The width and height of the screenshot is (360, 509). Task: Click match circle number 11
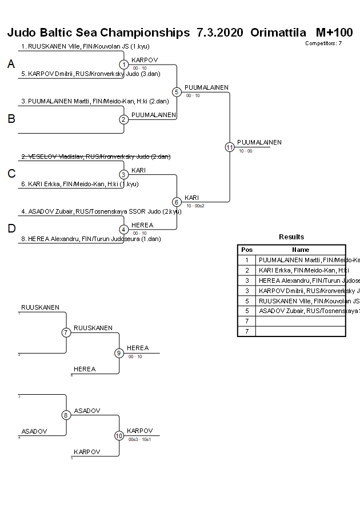tap(230, 147)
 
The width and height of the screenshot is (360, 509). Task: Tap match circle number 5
tap(177, 92)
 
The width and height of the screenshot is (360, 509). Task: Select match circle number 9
tap(119, 353)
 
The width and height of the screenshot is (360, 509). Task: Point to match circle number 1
tap(124, 65)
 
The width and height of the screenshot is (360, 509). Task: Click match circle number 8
tap(66, 415)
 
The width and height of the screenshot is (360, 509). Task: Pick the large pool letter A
tap(11, 65)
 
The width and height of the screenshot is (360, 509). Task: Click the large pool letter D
tap(11, 229)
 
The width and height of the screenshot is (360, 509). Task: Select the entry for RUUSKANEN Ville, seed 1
tap(85, 46)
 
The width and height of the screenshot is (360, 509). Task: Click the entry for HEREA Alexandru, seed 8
tap(91, 239)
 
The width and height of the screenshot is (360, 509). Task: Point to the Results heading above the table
tap(291, 237)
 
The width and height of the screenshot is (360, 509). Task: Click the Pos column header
tap(247, 250)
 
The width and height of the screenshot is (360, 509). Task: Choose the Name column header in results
tap(301, 250)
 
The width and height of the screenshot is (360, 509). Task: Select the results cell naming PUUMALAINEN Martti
tap(301, 260)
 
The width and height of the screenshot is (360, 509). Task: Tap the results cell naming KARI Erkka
tap(301, 270)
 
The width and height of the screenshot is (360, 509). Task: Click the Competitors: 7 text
tap(323, 43)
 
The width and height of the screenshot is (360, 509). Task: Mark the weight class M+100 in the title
tap(334, 32)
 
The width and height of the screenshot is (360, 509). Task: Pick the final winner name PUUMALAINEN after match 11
tap(259, 142)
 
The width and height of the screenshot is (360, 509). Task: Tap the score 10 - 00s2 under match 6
tap(195, 206)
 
